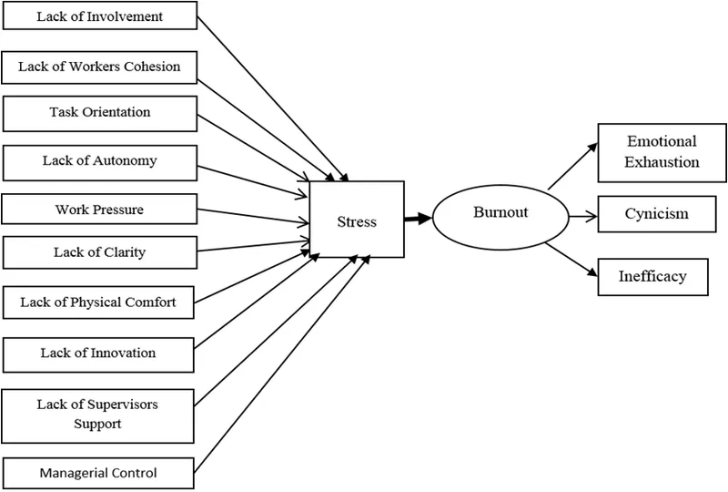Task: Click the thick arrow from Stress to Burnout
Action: coord(416,219)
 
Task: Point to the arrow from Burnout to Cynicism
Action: coord(581,216)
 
